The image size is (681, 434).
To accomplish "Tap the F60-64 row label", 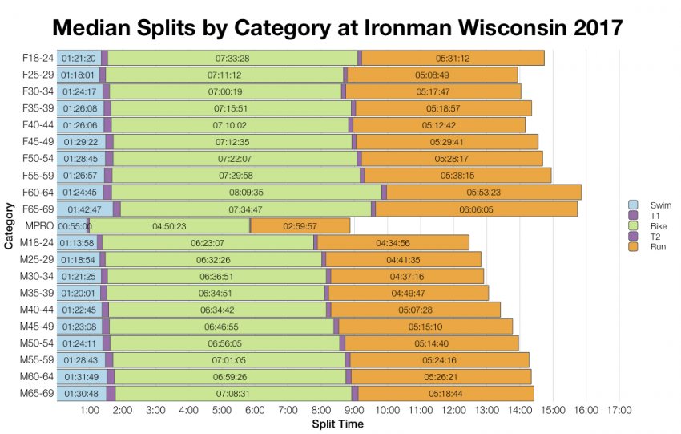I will pyautogui.click(x=38, y=192).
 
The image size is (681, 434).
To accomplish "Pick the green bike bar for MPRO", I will pyautogui.click(x=169, y=226).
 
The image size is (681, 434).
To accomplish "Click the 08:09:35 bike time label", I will pyautogui.click(x=246, y=193).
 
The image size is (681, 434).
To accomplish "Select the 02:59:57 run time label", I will pyautogui.click(x=300, y=226).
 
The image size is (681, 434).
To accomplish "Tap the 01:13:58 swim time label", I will pyautogui.click(x=78, y=243).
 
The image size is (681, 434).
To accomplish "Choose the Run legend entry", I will pyautogui.click(x=651, y=247).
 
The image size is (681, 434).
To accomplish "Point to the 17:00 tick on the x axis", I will pyautogui.click(x=619, y=410).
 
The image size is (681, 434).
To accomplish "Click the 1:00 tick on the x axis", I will pyautogui.click(x=90, y=410).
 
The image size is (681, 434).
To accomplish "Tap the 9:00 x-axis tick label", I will pyautogui.click(x=354, y=410).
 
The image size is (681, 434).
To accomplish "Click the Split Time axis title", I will pyautogui.click(x=337, y=424).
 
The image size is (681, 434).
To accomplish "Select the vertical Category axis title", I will pyautogui.click(x=9, y=226).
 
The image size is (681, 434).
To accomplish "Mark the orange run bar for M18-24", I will pyautogui.click(x=393, y=243).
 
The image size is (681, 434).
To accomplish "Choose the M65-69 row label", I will pyautogui.click(x=38, y=393).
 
